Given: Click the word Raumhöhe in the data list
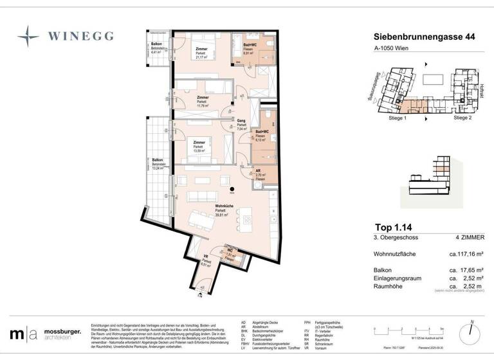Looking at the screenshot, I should (x=390, y=286).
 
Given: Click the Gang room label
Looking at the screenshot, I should (x=241, y=121).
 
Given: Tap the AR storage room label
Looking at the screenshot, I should (x=259, y=172).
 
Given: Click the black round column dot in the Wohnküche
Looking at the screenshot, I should (x=233, y=188).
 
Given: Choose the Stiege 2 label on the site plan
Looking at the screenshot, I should (x=462, y=119).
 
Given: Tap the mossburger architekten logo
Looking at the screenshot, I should (x=45, y=333).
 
